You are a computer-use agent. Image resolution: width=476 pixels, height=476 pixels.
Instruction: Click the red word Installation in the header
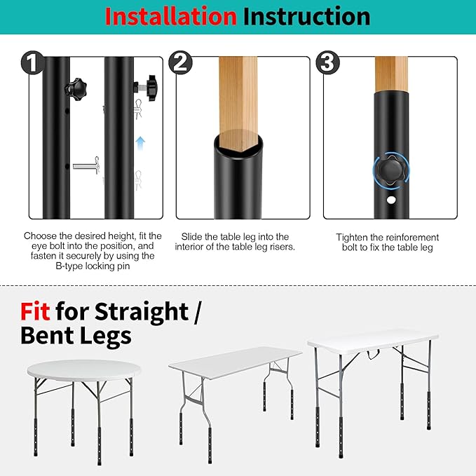[170, 16]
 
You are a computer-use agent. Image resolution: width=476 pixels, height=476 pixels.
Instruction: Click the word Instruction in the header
[306, 16]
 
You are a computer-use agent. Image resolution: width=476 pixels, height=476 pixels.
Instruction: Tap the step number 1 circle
[32, 62]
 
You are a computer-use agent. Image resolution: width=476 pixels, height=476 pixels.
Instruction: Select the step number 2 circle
[180, 62]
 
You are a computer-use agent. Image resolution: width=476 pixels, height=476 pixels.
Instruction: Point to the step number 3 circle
[327, 62]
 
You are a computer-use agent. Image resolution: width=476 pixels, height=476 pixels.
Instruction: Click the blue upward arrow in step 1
[140, 143]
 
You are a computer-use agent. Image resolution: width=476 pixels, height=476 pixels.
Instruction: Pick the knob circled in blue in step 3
[391, 172]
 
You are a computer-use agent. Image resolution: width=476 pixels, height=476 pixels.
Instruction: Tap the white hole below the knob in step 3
[391, 200]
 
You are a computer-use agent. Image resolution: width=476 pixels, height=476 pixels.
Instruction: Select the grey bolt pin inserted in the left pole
[86, 165]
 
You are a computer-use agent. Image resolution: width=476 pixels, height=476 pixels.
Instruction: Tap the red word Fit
[35, 312]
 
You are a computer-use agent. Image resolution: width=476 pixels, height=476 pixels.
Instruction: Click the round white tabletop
[84, 369]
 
